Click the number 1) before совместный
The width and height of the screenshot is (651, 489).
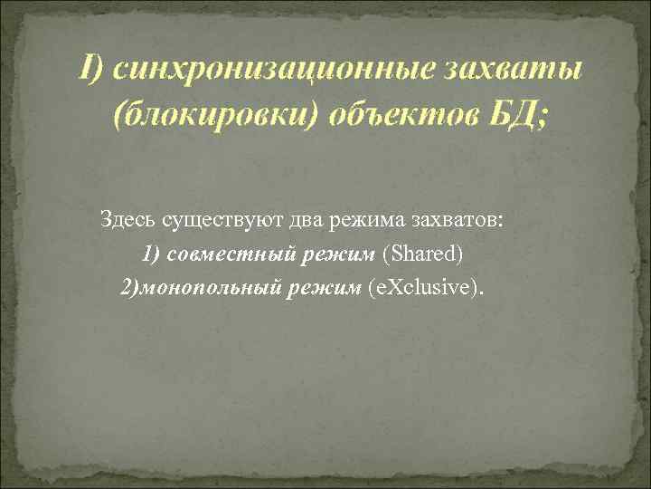pyautogui.click(x=151, y=254)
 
